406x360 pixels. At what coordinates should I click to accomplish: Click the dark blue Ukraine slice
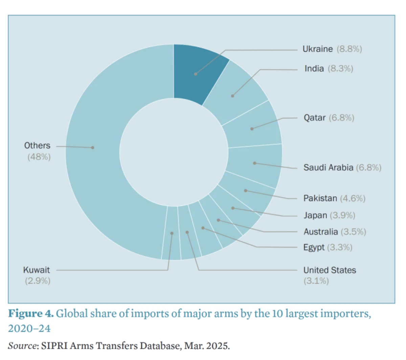196,73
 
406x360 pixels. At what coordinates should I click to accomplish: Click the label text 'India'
314,68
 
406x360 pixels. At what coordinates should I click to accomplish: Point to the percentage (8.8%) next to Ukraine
349,49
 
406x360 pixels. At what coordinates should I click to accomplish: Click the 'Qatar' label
314,118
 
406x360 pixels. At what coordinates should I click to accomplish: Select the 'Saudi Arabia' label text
328,167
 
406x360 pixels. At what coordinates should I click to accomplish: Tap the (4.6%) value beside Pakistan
353,198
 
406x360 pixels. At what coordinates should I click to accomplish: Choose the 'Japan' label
315,215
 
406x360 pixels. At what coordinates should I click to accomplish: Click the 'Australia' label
320,232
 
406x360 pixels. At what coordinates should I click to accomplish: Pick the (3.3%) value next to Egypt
340,247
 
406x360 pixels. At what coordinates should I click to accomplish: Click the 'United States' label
330,270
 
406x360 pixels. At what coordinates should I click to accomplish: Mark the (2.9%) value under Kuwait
38,281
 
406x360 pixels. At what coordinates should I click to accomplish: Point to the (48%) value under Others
39,157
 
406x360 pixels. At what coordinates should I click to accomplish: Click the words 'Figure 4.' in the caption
31,313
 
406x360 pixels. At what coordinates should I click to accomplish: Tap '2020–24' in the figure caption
29,328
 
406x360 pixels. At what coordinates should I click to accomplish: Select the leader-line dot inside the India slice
232,96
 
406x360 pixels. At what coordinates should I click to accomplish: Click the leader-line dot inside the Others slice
92,148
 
